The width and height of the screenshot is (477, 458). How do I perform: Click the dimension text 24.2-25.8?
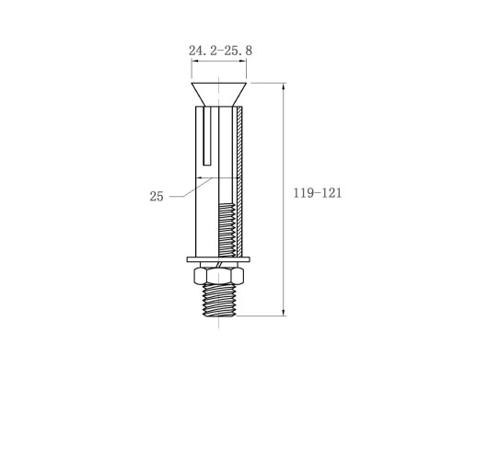(220, 51)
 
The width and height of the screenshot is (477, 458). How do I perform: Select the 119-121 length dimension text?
(318, 193)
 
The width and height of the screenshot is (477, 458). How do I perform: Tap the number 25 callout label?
(157, 197)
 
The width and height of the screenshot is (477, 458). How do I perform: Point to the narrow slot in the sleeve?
(207, 136)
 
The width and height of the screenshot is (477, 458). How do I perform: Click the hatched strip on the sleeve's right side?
(239, 181)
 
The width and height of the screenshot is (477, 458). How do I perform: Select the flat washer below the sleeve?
(218, 259)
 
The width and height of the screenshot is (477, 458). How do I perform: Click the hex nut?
(218, 275)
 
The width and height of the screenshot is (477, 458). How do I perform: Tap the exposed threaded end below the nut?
(218, 300)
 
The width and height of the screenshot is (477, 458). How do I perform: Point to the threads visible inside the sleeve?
(227, 230)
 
